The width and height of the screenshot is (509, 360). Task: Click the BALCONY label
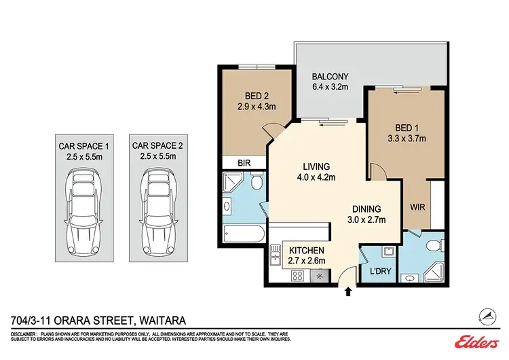[330, 77]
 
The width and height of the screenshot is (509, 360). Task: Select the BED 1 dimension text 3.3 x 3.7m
[414, 139]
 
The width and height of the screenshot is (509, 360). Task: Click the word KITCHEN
[298, 249]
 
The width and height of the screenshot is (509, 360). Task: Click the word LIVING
[316, 166]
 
